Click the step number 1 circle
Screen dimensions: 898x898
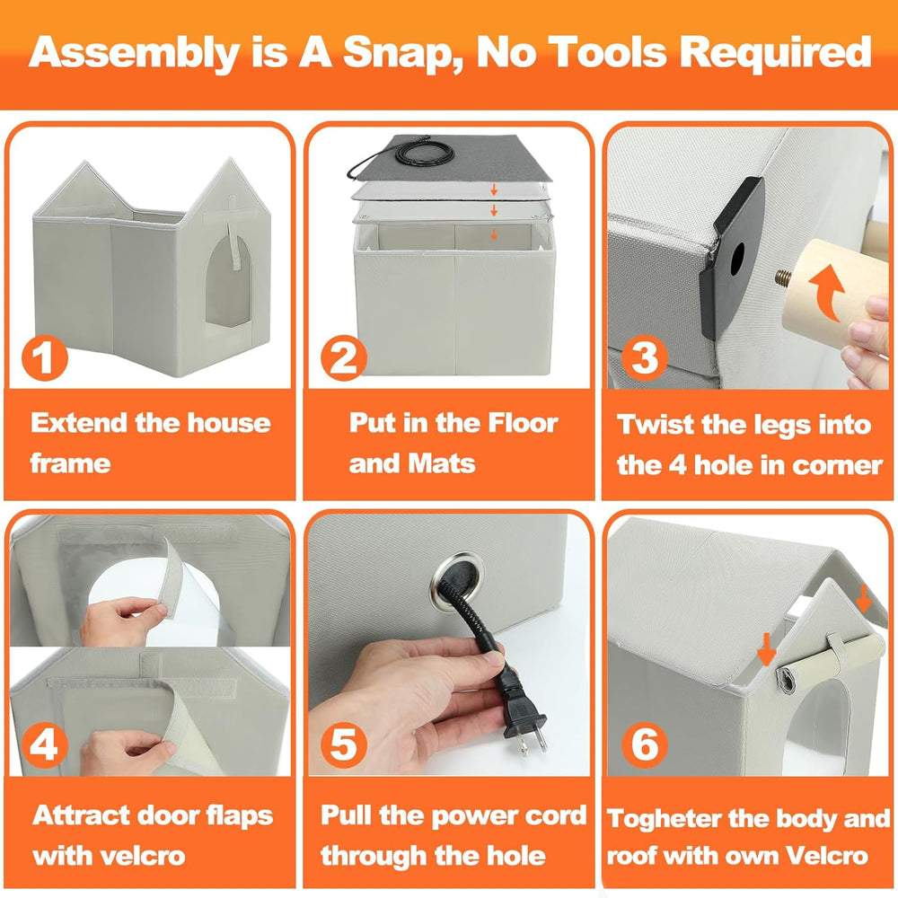tap(45, 358)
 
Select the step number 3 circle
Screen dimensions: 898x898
tap(644, 358)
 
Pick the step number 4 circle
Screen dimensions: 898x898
tap(45, 745)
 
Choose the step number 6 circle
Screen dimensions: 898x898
tap(645, 745)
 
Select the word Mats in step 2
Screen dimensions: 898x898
tap(443, 464)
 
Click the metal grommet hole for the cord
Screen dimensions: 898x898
tap(457, 574)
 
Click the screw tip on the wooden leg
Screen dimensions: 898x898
tap(782, 278)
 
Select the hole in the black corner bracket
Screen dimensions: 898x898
tap(737, 257)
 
